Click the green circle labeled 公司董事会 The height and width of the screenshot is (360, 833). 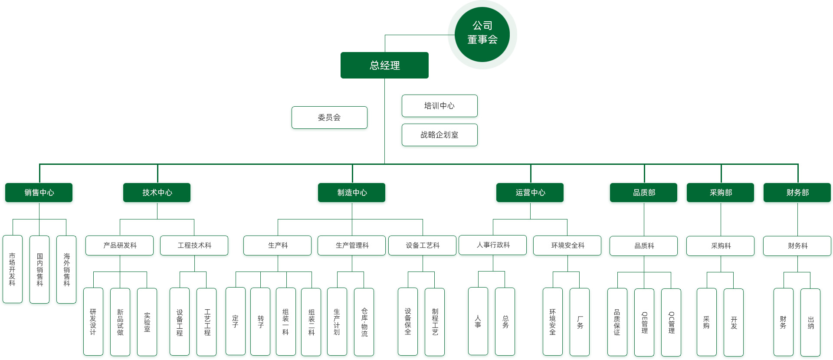coord(482,34)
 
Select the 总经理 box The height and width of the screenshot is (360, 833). coord(384,65)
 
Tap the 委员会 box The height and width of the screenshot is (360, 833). coord(329,118)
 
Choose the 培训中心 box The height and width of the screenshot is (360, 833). coord(439,106)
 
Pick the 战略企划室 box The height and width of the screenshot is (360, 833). coord(439,135)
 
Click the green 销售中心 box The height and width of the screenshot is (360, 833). coord(39,193)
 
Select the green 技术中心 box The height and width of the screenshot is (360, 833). coord(157,193)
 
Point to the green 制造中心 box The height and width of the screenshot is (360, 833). coord(352,193)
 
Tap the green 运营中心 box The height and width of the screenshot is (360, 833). coord(530,193)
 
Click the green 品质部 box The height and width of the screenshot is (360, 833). coord(644,193)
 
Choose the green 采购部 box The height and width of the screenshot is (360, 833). coord(721,193)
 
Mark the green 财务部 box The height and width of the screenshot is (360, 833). coord(797,193)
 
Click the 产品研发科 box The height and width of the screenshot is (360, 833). coord(120,245)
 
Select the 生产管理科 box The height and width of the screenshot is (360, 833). coord(352,245)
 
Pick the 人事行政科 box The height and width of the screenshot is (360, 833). coord(493,245)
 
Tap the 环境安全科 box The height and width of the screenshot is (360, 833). coord(567,245)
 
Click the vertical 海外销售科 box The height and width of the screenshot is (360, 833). coord(66,269)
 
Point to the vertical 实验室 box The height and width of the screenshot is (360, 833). coord(147,322)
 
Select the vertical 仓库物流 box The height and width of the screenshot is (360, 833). coord(364,322)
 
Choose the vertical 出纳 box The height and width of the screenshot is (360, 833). coord(810,322)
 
